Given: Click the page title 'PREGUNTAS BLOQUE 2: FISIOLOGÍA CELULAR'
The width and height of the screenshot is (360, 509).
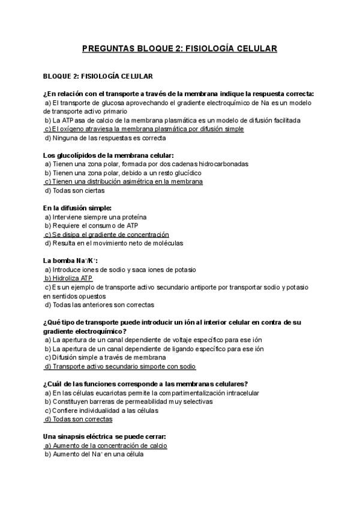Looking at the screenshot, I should (179, 48).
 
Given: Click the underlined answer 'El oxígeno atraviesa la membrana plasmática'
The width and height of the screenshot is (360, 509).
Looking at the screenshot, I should (144, 129).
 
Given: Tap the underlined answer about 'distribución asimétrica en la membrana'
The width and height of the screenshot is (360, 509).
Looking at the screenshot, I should (123, 182).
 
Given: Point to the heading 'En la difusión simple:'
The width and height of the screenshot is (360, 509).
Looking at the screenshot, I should (77, 208).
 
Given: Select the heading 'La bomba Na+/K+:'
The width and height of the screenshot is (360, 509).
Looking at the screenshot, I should (70, 261).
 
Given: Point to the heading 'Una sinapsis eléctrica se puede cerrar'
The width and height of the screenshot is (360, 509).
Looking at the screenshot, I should (105, 437).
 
